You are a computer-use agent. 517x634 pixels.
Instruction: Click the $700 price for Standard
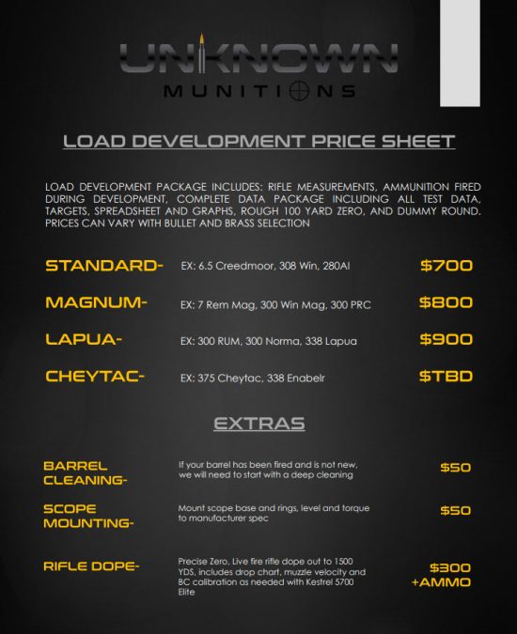446,266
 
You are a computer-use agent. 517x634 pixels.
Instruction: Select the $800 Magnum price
446,302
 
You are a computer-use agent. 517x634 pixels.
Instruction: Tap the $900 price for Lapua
446,339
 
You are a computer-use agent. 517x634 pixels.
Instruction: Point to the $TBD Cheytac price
446,377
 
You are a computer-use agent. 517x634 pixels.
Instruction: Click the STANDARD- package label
104,266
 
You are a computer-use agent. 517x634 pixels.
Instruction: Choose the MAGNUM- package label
96,302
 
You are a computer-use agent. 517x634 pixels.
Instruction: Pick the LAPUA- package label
84,339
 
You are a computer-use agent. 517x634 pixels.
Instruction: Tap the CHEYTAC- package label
95,377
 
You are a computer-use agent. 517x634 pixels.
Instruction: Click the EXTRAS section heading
258,424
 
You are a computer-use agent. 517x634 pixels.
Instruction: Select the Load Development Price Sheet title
258,142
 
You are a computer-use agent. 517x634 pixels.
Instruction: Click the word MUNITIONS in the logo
258,91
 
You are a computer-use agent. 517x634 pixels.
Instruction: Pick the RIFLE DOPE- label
91,565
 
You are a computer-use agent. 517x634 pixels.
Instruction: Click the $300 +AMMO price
442,574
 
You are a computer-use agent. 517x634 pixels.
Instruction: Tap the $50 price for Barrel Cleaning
456,467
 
